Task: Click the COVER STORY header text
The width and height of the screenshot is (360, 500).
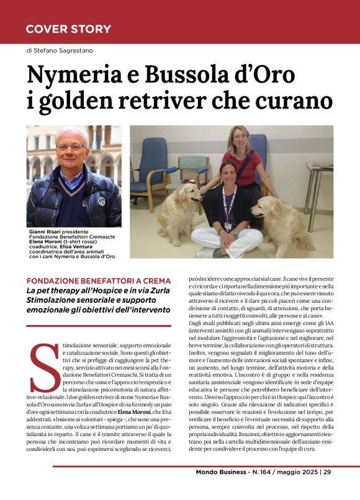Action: (68, 29)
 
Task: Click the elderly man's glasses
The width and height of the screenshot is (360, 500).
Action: (71, 146)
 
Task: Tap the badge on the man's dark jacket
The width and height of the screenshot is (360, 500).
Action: (101, 201)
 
